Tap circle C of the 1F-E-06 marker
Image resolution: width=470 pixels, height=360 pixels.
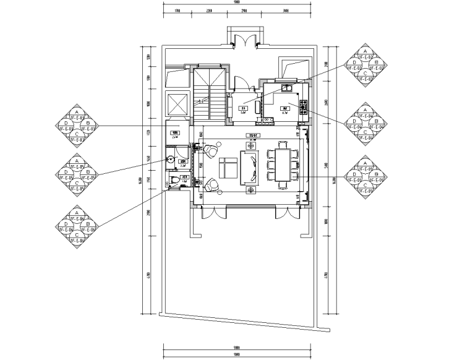coord(76,235)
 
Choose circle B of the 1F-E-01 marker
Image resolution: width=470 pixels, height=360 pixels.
coord(377,176)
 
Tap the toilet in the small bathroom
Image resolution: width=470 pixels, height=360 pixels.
coord(174,180)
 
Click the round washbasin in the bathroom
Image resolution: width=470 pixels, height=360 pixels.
coord(170,159)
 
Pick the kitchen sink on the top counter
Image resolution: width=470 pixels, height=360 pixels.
coord(288,89)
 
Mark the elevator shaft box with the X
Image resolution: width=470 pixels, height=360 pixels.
coord(177,103)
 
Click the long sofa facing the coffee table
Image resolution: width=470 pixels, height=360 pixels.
coord(254,168)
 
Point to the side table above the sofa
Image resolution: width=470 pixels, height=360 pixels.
coord(250,145)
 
